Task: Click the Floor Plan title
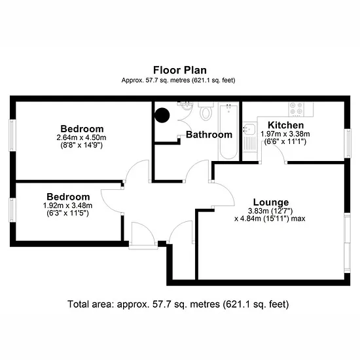pos(180,70)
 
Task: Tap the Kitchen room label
pos(286,125)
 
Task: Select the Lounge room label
pos(271,202)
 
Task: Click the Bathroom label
pos(209,135)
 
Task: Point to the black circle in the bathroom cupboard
pos(162,115)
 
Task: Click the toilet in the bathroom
pos(206,111)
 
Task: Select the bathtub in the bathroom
pos(228,132)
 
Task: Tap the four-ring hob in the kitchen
pos(296,109)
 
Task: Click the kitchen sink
pos(249,128)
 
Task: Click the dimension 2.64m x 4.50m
pos(82,137)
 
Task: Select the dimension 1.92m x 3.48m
pos(67,206)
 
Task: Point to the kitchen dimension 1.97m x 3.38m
pos(285,134)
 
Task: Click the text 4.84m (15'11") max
pos(270,219)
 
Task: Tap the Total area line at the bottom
pos(178,304)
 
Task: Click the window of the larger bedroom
pos(12,135)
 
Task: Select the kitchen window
pos(348,143)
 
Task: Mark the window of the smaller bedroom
pos(12,210)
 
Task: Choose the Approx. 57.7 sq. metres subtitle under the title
pos(179,81)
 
